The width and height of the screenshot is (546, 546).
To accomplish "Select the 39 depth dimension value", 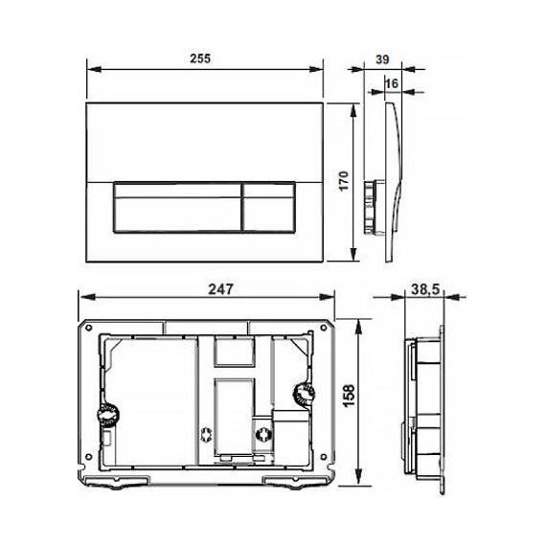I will (x=381, y=58).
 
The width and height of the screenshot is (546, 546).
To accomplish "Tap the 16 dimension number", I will (x=391, y=84).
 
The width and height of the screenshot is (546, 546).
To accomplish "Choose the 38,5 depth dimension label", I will (x=421, y=288).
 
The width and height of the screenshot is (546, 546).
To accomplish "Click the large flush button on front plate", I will (x=177, y=207).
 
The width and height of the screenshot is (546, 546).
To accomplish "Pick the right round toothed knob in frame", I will (x=302, y=394).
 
